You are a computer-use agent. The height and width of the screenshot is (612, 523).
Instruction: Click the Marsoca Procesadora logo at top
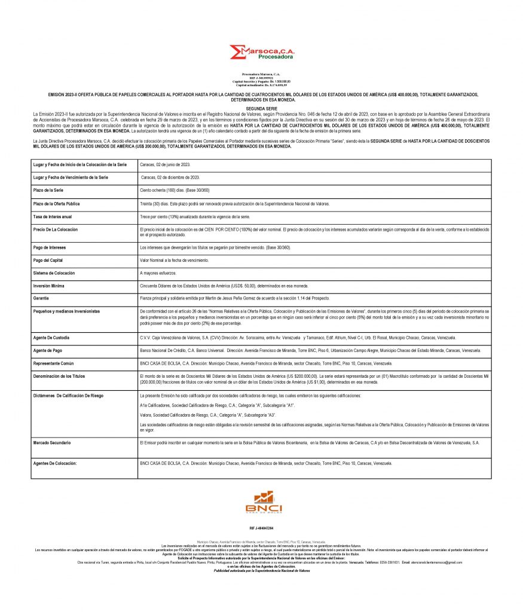[261, 53]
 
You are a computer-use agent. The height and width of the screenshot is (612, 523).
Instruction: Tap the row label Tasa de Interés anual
[53, 216]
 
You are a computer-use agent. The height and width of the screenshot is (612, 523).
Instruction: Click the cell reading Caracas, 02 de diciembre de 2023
[170, 178]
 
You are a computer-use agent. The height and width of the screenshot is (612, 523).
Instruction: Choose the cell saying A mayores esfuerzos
[158, 273]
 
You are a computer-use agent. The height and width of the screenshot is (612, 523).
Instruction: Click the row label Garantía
[42, 298]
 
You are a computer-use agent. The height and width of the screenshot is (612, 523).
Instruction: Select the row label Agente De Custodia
[52, 338]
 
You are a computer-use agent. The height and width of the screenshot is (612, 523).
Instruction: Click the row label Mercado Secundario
[52, 443]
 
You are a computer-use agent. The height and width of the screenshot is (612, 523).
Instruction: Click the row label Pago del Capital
[48, 261]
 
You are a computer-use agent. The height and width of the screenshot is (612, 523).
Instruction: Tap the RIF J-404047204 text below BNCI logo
[261, 528]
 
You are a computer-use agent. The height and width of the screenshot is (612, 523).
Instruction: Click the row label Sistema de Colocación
[54, 273]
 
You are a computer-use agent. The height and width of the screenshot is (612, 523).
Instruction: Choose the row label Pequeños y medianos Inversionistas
[66, 311]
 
